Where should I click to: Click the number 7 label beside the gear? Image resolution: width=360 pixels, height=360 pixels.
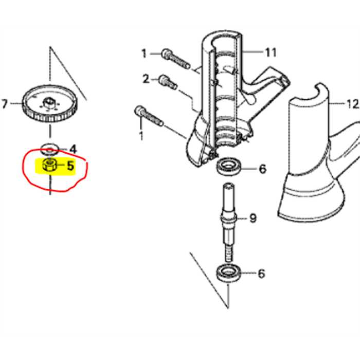click(x=5, y=104)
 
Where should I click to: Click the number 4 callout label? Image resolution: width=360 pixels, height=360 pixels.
click(x=73, y=149)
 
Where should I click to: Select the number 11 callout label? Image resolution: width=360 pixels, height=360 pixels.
click(x=271, y=52)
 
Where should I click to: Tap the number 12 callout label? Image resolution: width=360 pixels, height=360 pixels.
click(x=352, y=104)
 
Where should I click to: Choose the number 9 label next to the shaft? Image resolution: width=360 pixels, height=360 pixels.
click(x=253, y=219)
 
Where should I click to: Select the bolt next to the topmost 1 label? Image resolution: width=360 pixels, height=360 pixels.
click(x=175, y=56)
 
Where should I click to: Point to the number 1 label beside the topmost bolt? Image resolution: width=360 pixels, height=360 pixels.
click(x=144, y=53)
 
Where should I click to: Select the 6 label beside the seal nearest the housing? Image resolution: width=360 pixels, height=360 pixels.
click(x=262, y=169)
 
